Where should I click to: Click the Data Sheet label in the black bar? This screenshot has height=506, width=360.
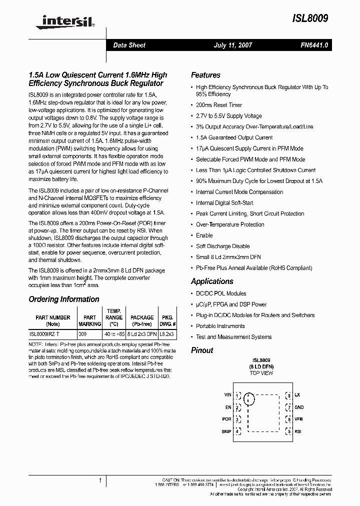[x=129, y=45]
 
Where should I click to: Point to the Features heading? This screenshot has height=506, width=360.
[x=205, y=75]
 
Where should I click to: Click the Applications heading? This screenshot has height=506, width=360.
[x=212, y=281]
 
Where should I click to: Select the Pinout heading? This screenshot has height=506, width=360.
[x=202, y=350]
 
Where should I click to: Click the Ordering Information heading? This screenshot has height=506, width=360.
[x=64, y=299]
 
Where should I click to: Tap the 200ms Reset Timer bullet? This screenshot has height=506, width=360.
[x=218, y=105]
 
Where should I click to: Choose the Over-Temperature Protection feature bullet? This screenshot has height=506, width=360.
[x=229, y=224]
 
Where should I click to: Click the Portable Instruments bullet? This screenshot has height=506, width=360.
[x=220, y=326]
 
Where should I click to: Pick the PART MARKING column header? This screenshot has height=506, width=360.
[x=89, y=320]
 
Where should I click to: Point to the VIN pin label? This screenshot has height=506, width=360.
[x=227, y=395]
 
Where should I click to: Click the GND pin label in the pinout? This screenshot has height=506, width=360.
[x=299, y=407]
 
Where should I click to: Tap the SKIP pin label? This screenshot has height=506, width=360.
[x=226, y=431]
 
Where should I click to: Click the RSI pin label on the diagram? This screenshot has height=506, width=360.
[x=298, y=431]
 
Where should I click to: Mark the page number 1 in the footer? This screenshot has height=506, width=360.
[x=100, y=480]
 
